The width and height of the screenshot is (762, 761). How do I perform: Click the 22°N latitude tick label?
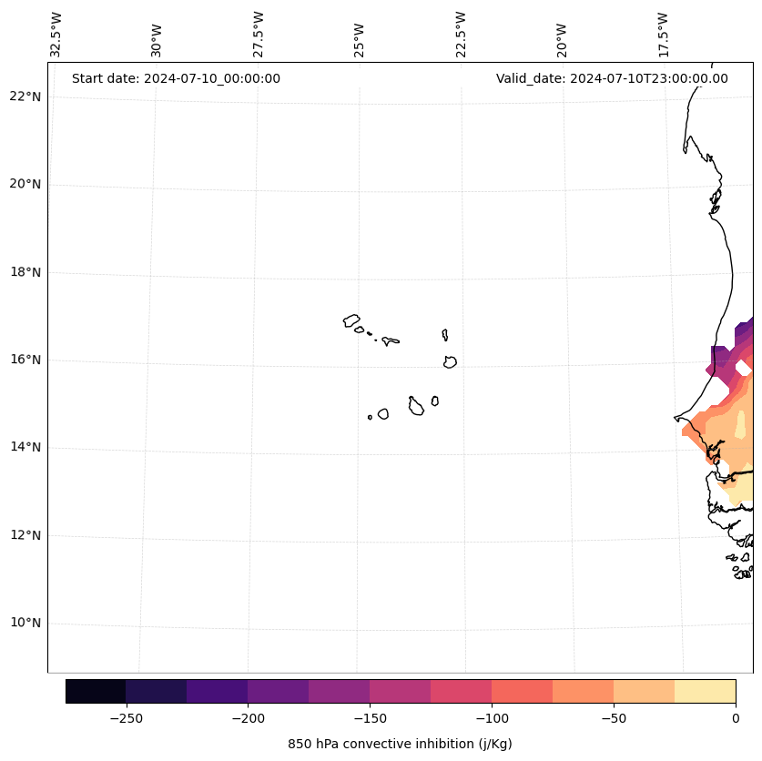point(25,96)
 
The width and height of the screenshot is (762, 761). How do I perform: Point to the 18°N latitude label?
point(25,272)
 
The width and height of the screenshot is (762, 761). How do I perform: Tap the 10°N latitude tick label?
point(25,624)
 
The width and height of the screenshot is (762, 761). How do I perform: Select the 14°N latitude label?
point(25,448)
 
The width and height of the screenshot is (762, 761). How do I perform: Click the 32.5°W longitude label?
point(56,35)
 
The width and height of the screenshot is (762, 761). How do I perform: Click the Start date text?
point(176,78)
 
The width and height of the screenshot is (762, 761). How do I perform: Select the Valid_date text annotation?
point(612,78)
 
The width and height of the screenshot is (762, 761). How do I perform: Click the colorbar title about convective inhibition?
point(400,744)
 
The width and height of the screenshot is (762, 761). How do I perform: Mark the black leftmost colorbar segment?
point(96,691)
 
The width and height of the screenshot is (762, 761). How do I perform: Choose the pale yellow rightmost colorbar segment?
point(705,691)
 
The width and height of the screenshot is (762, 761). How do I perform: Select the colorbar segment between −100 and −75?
point(522,691)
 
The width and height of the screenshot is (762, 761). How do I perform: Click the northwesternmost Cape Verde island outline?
point(351,320)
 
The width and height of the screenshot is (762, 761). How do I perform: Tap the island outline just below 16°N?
point(450,362)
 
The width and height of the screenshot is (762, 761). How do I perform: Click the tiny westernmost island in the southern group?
point(370,417)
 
